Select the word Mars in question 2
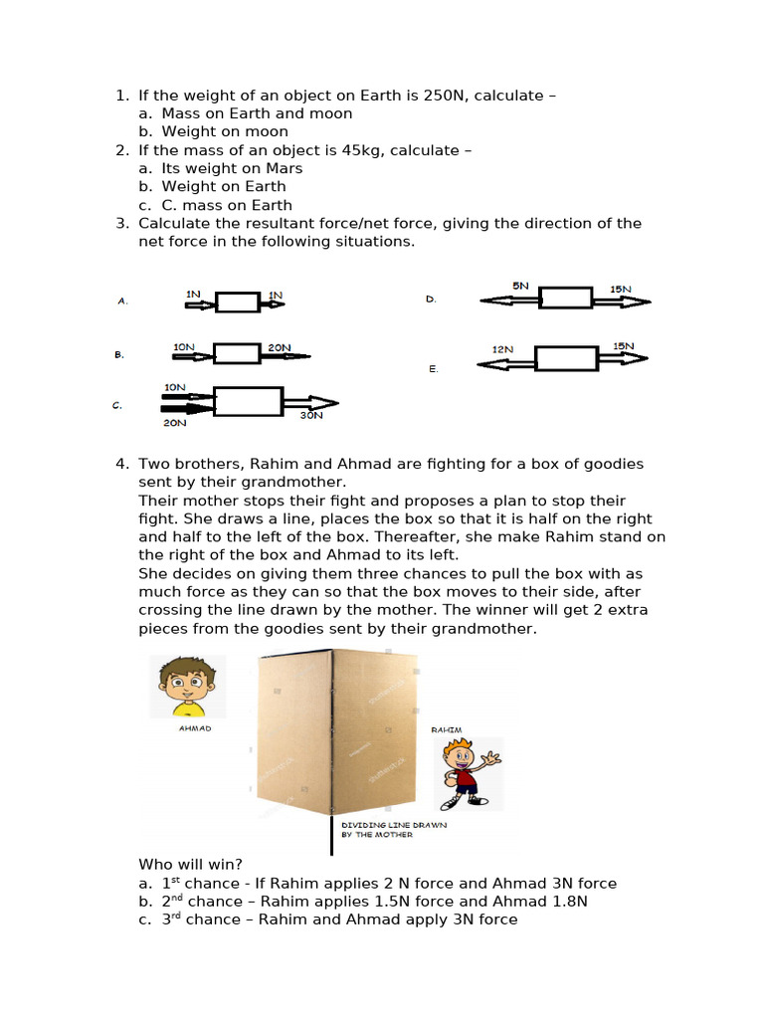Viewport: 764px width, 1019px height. point(284,168)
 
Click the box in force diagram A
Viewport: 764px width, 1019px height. point(238,301)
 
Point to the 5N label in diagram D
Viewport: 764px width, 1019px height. point(520,286)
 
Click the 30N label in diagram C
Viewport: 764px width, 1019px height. point(311,415)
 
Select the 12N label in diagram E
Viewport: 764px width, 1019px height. point(502,349)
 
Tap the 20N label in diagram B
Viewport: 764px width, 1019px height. point(279,347)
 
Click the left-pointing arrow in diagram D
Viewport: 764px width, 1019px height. point(508,299)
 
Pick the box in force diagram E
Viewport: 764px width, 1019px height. point(566,359)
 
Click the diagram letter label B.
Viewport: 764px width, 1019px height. point(119,354)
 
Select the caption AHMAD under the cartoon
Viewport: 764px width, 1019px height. point(195,727)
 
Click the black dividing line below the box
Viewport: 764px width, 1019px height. point(331,836)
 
